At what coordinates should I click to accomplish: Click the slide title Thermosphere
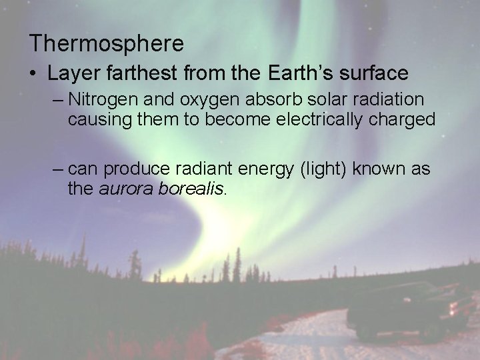click(107, 44)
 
